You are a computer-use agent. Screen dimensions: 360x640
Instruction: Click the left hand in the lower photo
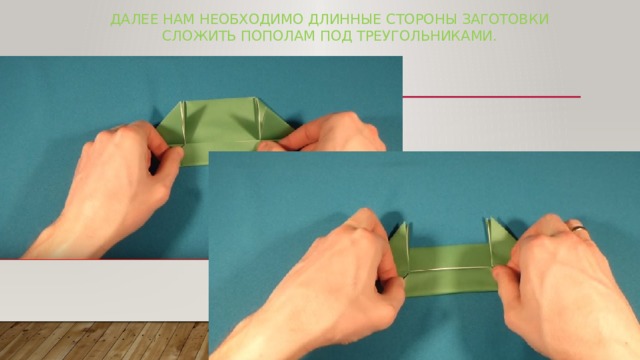click(330, 290)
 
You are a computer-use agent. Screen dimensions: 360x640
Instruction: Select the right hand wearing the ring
click(570, 280)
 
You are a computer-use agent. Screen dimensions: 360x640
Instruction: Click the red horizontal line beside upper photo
click(490, 97)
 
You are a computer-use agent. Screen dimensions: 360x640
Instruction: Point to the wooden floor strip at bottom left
click(100, 340)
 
